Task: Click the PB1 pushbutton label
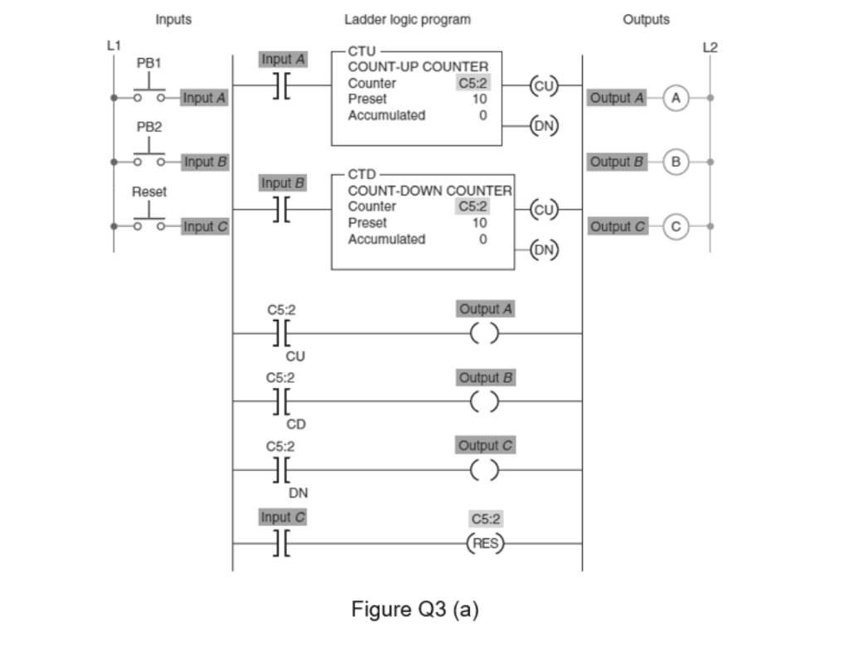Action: click(x=149, y=62)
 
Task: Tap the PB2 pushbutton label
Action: click(x=149, y=127)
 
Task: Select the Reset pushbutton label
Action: click(x=149, y=192)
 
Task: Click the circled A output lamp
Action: click(x=677, y=98)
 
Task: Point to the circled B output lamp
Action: click(x=677, y=162)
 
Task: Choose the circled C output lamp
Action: click(x=677, y=226)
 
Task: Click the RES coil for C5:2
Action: click(x=485, y=544)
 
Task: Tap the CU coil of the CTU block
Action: click(x=544, y=85)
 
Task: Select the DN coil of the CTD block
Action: click(x=544, y=249)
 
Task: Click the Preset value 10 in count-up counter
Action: click(x=479, y=99)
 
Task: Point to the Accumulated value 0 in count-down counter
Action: click(x=482, y=239)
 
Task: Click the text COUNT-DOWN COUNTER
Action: click(x=429, y=190)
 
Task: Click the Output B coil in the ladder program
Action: click(x=485, y=402)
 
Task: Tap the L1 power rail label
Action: click(x=113, y=46)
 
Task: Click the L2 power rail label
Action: click(x=710, y=47)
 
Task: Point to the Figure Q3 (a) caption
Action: click(x=415, y=609)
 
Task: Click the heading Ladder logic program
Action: click(x=407, y=19)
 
